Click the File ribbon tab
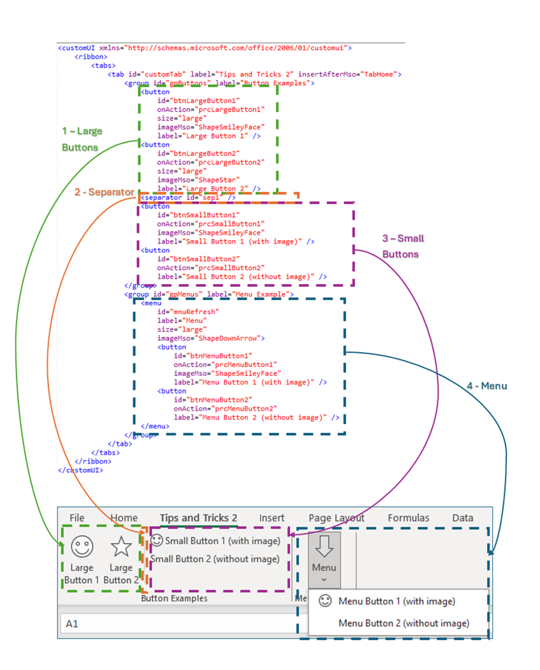77,518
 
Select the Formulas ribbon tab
408,518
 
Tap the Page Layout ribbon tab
336,518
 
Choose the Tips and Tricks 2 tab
198,518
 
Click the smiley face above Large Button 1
82,546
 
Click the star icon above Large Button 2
121,546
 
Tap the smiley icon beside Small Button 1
157,541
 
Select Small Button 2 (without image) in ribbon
215,559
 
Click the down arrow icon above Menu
325,545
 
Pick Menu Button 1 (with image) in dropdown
397,601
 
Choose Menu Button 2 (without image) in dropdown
404,623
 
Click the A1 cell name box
71,624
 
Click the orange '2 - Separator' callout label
104,192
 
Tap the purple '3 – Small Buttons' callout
402,246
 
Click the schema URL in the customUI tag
236,48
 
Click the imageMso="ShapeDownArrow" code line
210,338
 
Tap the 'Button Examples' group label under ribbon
174,598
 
